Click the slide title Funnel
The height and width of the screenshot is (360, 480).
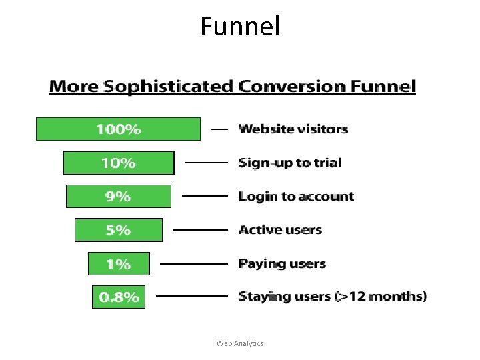click(x=240, y=27)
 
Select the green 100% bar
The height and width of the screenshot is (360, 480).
click(x=118, y=129)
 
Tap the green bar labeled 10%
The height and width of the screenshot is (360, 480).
click(x=119, y=163)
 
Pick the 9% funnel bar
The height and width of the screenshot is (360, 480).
click(x=119, y=197)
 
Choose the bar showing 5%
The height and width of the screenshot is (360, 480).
click(x=119, y=230)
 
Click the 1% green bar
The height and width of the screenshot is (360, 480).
click(x=119, y=264)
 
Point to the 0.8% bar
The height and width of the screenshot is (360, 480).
click(x=119, y=297)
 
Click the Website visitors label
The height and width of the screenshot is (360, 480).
click(x=293, y=129)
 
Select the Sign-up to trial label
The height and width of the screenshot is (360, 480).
click(x=290, y=163)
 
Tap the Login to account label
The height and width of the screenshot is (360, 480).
click(x=296, y=197)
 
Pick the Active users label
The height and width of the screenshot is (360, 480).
click(x=280, y=230)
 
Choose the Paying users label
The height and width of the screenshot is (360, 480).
click(x=282, y=264)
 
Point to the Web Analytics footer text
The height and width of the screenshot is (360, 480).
click(x=240, y=343)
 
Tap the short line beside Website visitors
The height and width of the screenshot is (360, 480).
click(x=220, y=129)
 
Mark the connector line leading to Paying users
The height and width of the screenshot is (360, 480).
click(x=194, y=264)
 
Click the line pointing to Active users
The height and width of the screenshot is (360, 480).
click(x=201, y=230)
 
